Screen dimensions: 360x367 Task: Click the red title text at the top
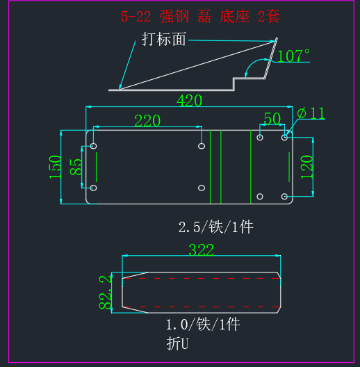200,17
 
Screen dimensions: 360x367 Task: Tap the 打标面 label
164,39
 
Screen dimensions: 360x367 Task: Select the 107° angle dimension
293,56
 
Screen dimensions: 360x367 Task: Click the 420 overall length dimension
189,101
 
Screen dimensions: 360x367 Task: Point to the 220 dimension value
147,121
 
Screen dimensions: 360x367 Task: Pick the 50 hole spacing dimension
272,119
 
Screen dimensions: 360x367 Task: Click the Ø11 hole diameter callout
311,113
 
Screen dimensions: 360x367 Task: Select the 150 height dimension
56,167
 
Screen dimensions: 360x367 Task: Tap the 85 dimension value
76,167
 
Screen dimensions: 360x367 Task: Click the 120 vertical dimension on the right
306,167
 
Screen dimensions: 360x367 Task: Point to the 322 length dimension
202,250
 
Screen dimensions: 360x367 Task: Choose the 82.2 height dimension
105,293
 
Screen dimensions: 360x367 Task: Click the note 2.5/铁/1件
216,227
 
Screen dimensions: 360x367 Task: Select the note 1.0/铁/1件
203,325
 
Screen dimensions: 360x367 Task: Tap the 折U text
177,343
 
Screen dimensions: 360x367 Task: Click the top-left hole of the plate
93,146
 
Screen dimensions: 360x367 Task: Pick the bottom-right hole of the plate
284,197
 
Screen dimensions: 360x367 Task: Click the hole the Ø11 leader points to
284,138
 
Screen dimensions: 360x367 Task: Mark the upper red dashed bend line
202,279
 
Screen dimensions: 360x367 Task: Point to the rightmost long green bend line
251,167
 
